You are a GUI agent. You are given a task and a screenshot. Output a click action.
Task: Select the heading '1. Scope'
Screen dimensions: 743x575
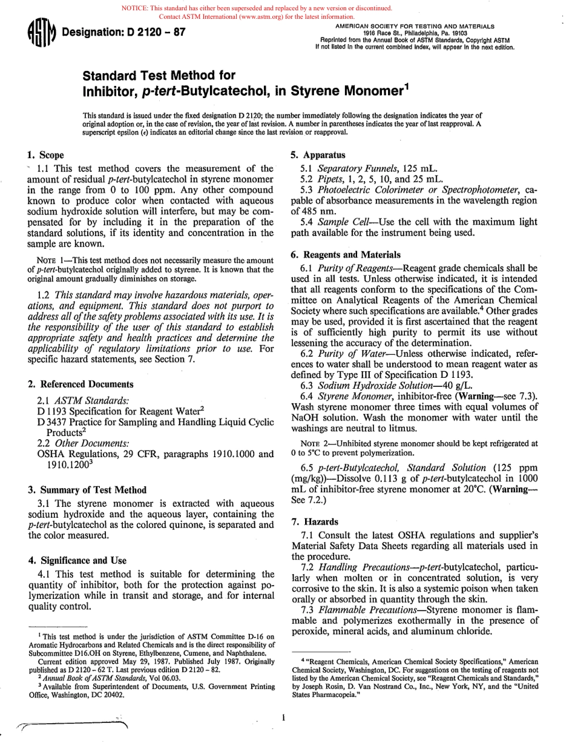pos(46,155)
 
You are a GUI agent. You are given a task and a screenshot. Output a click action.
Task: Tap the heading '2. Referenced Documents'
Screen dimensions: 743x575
pos(80,384)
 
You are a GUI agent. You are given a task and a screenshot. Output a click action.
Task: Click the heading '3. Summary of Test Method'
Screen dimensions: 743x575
pos(87,489)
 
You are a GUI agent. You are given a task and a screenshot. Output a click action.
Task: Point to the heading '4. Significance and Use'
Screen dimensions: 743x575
pos(77,560)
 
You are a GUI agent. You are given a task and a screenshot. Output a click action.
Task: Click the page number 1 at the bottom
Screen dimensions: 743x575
pos(283,718)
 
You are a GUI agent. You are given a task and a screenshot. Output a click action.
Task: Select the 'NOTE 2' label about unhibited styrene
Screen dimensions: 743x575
pos(314,443)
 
